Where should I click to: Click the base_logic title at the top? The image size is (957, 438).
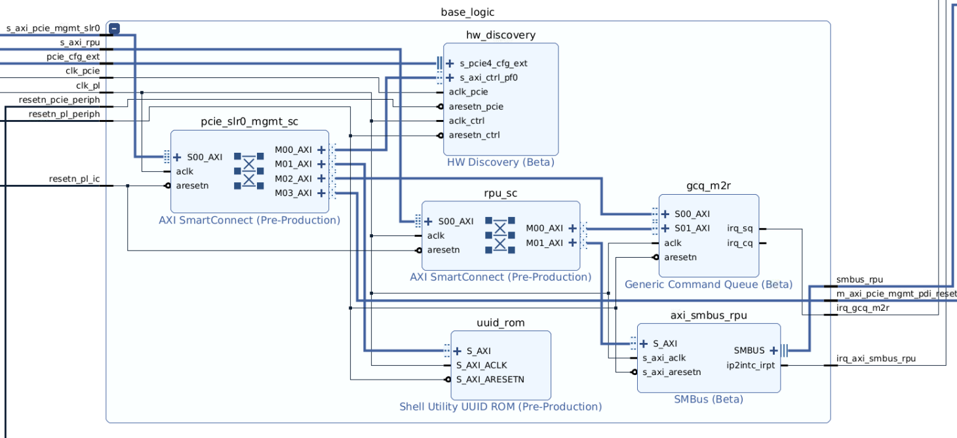(x=467, y=12)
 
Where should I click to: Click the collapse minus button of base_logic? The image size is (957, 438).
(x=114, y=28)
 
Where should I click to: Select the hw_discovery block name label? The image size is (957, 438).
(x=500, y=35)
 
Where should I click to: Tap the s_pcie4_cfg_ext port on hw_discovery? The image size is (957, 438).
(x=493, y=64)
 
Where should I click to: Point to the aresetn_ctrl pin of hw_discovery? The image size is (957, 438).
(x=473, y=135)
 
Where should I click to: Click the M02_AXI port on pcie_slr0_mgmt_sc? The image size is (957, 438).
(x=293, y=178)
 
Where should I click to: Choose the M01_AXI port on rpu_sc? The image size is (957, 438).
(x=544, y=243)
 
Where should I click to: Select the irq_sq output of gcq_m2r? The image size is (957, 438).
(x=740, y=229)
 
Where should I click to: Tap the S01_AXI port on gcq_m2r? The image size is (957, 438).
(x=692, y=228)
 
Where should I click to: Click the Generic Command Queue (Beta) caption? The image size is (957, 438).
(x=708, y=285)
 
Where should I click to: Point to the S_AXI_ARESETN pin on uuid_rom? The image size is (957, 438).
(x=490, y=379)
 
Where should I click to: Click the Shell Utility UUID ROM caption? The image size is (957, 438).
(x=500, y=407)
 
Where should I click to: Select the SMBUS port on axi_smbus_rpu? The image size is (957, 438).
(x=749, y=350)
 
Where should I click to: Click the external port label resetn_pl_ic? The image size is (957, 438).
(x=74, y=179)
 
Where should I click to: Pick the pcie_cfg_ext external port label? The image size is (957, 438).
(x=73, y=57)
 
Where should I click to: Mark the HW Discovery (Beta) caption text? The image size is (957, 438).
(x=500, y=162)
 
